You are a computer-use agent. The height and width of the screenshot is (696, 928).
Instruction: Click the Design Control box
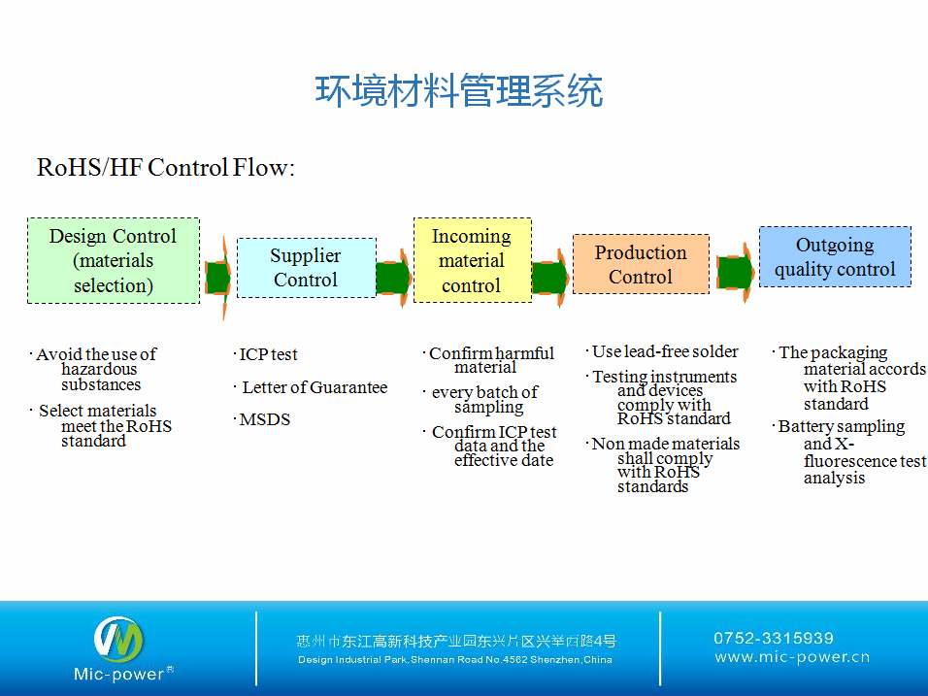click(114, 260)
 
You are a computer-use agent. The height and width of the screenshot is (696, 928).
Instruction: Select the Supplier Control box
click(306, 267)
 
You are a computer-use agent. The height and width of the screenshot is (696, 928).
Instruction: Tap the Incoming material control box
click(472, 260)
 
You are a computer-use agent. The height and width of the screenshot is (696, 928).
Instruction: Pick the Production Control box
click(641, 264)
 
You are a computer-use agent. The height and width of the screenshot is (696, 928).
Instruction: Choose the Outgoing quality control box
click(835, 257)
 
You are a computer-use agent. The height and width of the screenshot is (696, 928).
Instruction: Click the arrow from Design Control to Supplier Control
click(218, 279)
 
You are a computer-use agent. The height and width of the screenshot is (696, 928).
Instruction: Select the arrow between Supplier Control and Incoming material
click(394, 278)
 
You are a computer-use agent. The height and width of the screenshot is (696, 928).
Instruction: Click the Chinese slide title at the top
click(459, 91)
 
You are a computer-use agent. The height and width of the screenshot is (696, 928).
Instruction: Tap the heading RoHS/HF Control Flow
click(165, 168)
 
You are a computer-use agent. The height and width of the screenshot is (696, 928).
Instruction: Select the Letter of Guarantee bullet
click(314, 387)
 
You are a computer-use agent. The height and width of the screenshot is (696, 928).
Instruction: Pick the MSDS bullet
click(265, 419)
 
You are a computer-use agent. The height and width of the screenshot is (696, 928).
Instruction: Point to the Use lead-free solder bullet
click(665, 351)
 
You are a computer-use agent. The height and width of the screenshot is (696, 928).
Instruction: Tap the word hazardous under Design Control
click(99, 370)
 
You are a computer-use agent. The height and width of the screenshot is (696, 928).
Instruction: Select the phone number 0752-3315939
click(774, 638)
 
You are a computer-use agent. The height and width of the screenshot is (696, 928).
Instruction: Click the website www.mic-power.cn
click(792, 657)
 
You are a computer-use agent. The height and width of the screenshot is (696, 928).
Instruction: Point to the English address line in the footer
click(454, 660)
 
